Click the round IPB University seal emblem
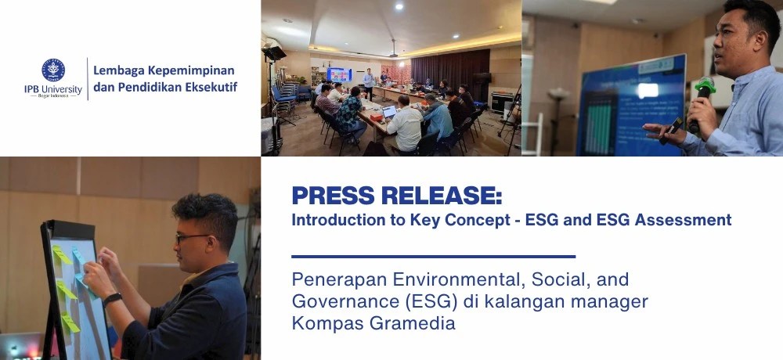pyautogui.click(x=53, y=70)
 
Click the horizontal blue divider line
pyautogui.click(x=433, y=256)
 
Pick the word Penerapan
pyautogui.click(x=331, y=279)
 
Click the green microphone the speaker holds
pyautogui.click(x=703, y=90)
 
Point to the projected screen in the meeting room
pyautogui.click(x=340, y=75)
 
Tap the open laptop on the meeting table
pyautogui.click(x=389, y=112)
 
